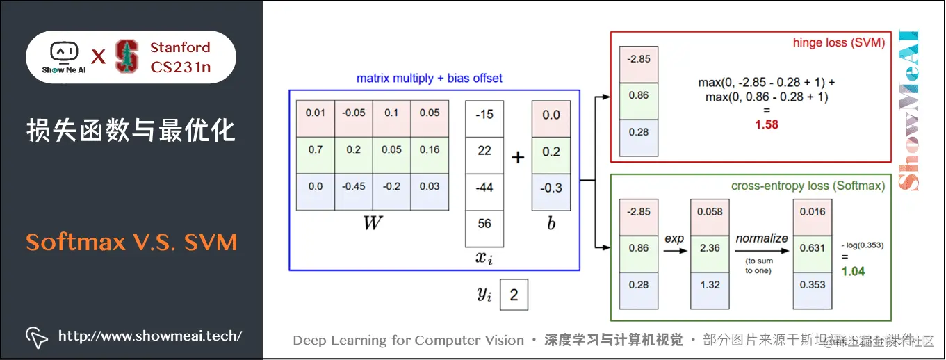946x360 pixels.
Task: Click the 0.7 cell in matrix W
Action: tap(315, 149)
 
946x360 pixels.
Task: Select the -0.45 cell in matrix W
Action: tap(353, 186)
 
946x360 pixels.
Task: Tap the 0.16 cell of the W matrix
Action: tap(430, 149)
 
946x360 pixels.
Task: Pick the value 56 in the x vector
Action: tap(484, 223)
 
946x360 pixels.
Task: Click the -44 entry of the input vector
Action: tap(484, 187)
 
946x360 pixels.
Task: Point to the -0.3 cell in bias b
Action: tap(551, 188)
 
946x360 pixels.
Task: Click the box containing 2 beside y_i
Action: tap(514, 295)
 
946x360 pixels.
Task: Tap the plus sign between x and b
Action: tap(518, 158)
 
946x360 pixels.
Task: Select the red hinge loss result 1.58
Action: tap(767, 125)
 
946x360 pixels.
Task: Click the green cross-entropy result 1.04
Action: tap(854, 271)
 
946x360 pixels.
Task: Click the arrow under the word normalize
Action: tap(762, 248)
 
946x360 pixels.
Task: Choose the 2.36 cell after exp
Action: tap(710, 248)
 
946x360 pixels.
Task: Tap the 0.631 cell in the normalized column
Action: tap(813, 248)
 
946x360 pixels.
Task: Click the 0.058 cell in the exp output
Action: tap(710, 211)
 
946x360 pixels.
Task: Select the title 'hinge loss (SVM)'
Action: tap(838, 43)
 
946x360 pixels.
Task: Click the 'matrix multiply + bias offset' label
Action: tap(430, 79)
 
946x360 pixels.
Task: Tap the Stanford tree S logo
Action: tap(127, 57)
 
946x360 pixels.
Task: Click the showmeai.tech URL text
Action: tap(150, 336)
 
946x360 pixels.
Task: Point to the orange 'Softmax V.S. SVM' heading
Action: tap(132, 242)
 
